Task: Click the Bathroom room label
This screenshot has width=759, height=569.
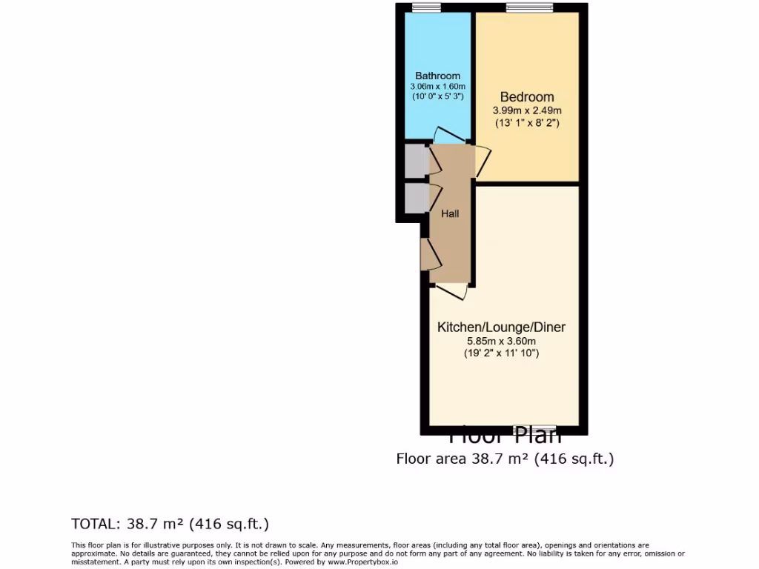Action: (x=437, y=76)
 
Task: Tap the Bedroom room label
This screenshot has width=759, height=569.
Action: (x=526, y=97)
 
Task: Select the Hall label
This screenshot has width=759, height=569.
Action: (x=450, y=214)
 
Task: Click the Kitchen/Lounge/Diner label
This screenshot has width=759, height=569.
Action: (x=501, y=327)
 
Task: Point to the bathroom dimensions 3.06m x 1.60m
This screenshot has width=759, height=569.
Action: (x=437, y=86)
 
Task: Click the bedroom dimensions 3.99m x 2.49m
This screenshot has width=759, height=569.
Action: (x=526, y=110)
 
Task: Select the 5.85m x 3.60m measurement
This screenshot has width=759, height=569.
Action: (x=501, y=341)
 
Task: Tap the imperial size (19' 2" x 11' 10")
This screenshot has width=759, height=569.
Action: (x=501, y=353)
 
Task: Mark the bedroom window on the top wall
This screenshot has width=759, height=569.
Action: (x=523, y=8)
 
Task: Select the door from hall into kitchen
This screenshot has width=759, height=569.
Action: (x=451, y=290)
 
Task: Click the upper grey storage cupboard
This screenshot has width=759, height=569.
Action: (x=413, y=160)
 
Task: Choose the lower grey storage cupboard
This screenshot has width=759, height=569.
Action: (x=413, y=197)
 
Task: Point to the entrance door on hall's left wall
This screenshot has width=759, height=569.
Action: (x=430, y=255)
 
